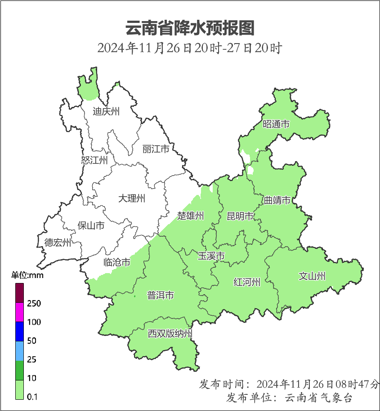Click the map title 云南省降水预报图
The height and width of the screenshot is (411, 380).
pyautogui.click(x=190, y=28)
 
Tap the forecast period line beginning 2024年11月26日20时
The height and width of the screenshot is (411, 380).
pyautogui.click(x=190, y=48)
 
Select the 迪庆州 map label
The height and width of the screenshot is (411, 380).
pyautogui.click(x=106, y=111)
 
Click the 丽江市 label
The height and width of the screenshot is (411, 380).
pyautogui.click(x=156, y=149)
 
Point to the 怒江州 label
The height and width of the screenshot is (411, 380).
pyautogui.click(x=94, y=160)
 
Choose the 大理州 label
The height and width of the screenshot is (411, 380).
pyautogui.click(x=132, y=198)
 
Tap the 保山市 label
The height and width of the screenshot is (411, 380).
pyautogui.click(x=91, y=225)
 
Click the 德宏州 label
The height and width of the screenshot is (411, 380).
pyautogui.click(x=58, y=243)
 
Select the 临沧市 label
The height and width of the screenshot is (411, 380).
pyautogui.click(x=117, y=262)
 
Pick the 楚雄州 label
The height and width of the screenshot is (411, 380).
pyautogui.click(x=190, y=216)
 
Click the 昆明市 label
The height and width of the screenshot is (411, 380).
pyautogui.click(x=240, y=217)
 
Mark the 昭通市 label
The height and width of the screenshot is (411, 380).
pyautogui.click(x=276, y=124)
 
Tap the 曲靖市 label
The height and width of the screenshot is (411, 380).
pyautogui.click(x=277, y=200)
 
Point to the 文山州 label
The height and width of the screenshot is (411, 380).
pyautogui.click(x=312, y=276)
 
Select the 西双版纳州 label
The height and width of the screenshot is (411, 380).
pyautogui.click(x=170, y=334)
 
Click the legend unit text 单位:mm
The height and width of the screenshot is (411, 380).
pyautogui.click(x=27, y=275)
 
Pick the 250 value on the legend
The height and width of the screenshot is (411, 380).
pyautogui.click(x=34, y=304)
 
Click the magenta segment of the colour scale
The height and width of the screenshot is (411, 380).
pyautogui.click(x=19, y=312)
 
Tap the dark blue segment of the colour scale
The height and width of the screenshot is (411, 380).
pyautogui.click(x=19, y=331)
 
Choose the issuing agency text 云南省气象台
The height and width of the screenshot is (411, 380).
pyautogui.click(x=319, y=398)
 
